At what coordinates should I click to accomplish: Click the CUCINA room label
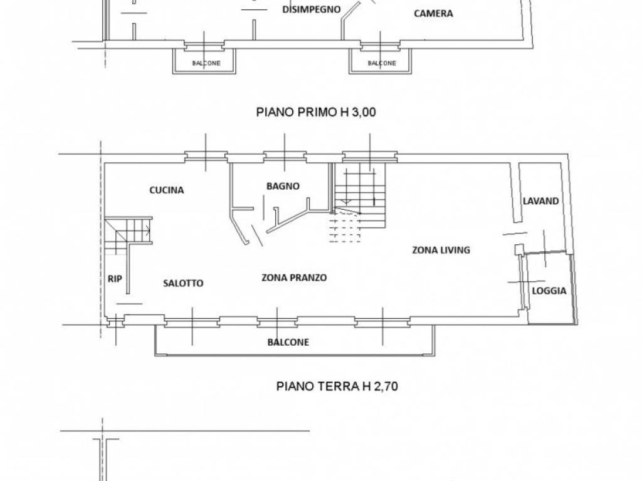(x=166, y=190)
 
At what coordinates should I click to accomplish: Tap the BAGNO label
(x=283, y=186)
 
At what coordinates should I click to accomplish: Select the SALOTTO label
(x=183, y=283)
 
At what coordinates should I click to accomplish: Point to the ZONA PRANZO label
(x=294, y=277)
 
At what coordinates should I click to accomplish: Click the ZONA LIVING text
(x=441, y=250)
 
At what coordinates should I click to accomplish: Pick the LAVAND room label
(x=540, y=201)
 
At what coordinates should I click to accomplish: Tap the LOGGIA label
(x=549, y=291)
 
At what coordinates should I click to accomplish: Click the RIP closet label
(x=115, y=279)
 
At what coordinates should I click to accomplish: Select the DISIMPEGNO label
(x=312, y=9)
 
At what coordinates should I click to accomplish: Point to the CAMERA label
(x=433, y=14)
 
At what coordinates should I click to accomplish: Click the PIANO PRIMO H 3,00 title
(x=316, y=112)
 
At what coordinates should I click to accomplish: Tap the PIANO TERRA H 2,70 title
(x=337, y=386)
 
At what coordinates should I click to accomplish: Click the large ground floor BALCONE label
(x=288, y=343)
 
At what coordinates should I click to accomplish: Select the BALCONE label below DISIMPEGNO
(x=206, y=63)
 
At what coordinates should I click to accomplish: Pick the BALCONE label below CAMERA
(x=382, y=63)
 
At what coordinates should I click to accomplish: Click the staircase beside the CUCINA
(x=128, y=235)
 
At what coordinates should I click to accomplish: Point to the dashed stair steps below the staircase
(x=345, y=228)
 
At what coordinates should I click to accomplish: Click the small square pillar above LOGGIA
(x=518, y=249)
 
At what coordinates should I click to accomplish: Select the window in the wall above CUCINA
(x=206, y=155)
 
